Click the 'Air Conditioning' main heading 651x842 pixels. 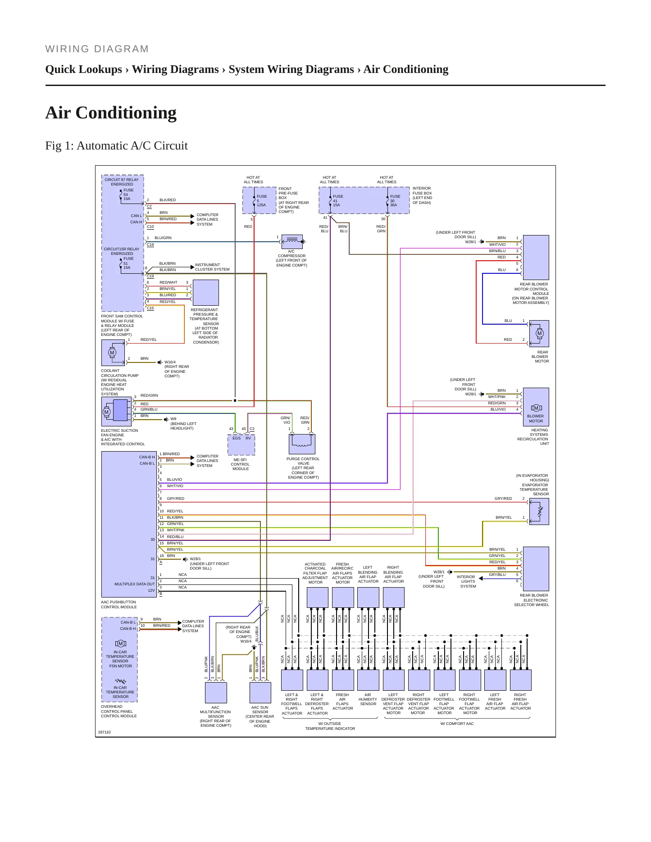click(x=111, y=113)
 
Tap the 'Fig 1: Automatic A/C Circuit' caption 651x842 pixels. click(x=116, y=145)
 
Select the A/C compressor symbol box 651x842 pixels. click(x=292, y=242)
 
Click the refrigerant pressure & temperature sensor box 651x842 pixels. click(x=205, y=293)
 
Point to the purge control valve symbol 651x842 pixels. click(x=302, y=444)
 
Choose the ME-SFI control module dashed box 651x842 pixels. click(x=241, y=445)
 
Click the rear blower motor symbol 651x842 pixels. click(x=539, y=334)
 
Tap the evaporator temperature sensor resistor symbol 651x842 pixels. click(x=540, y=512)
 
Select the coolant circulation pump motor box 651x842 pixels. click(x=113, y=353)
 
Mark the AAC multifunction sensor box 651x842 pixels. click(x=216, y=693)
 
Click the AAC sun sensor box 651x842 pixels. click(x=260, y=693)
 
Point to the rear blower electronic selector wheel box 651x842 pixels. click(x=536, y=569)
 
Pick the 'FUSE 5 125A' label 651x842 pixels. click(x=261, y=201)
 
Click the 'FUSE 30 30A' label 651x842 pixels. click(x=395, y=201)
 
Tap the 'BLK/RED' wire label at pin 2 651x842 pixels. click(x=168, y=200)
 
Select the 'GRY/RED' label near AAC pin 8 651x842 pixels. click(x=175, y=498)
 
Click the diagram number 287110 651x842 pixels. click(x=104, y=732)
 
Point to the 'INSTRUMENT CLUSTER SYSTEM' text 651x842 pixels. click(x=212, y=267)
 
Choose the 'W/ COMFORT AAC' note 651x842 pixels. click(x=457, y=724)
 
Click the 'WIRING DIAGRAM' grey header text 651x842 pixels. click(x=97, y=49)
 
